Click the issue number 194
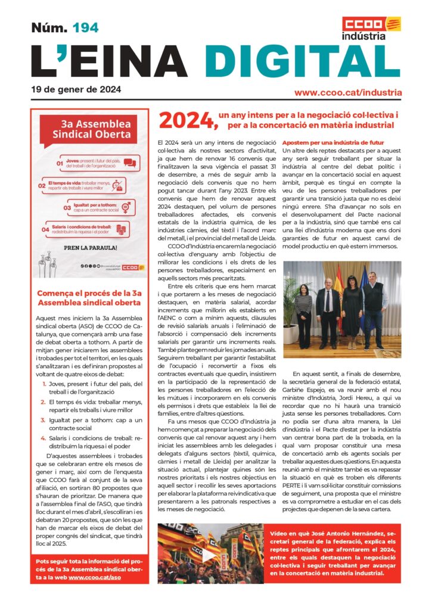tap(85, 27)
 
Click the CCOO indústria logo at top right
tap(371, 29)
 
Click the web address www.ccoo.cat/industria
tap(348, 93)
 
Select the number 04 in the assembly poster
tap(45, 229)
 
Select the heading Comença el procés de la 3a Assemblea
tap(89, 298)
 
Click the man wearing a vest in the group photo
tap(375, 309)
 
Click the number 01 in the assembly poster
tap(60, 163)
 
